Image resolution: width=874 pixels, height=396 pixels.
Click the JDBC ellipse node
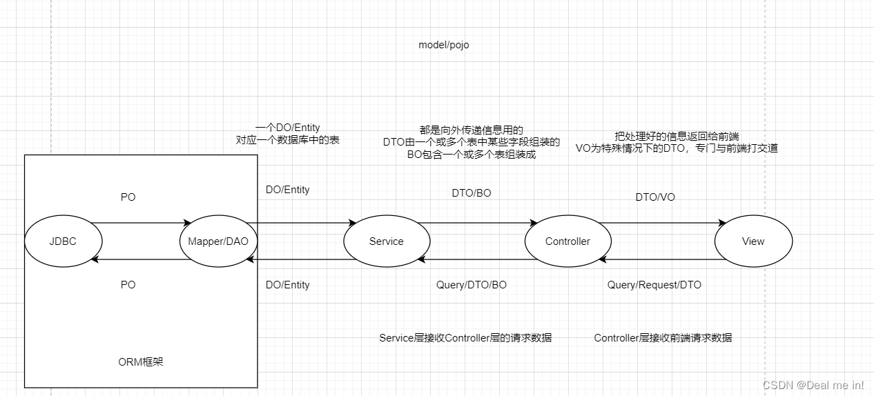point(64,241)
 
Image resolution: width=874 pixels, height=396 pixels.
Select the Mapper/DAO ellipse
point(218,241)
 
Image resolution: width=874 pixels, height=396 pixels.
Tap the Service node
point(387,241)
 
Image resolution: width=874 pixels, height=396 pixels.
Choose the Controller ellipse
point(567,241)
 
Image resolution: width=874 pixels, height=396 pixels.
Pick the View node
point(753,241)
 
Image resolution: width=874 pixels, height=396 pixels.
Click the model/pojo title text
point(444,45)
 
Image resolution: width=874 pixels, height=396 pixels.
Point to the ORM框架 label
point(141,362)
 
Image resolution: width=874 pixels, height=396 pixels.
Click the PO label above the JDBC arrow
point(128,197)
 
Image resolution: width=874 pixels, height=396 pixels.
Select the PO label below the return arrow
point(128,285)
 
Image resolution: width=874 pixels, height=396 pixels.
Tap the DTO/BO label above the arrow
point(472,193)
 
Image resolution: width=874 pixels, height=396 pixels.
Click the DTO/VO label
point(655,197)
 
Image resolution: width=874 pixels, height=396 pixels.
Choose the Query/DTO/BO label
point(472,285)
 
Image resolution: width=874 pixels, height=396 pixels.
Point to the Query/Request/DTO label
point(654,285)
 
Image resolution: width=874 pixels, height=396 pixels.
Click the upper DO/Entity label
point(288,190)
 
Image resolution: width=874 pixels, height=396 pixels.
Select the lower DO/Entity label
point(288,285)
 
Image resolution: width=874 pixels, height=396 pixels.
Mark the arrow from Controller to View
point(663,223)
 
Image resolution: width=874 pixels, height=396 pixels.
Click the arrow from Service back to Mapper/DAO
point(300,259)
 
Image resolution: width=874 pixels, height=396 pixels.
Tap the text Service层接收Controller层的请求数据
point(465,338)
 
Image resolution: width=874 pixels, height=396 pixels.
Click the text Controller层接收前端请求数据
point(663,338)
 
